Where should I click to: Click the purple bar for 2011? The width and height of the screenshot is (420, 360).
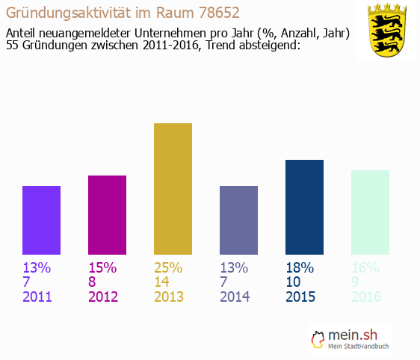point(41,220)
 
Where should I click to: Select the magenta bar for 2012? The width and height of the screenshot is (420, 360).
point(107,215)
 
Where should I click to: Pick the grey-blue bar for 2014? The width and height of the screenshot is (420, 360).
point(238,220)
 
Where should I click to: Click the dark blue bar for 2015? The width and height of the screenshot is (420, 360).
point(304,207)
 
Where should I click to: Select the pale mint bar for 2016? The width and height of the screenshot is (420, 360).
point(370,212)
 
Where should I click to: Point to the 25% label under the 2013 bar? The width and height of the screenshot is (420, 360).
point(168,267)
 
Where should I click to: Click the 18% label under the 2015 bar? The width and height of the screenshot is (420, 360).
point(300,267)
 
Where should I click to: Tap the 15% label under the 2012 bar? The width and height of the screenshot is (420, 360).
point(102,267)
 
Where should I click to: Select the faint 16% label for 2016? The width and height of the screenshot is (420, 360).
point(365,267)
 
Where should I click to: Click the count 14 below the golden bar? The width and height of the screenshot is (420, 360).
point(162,282)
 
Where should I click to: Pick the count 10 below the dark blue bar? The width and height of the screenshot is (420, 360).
point(294,282)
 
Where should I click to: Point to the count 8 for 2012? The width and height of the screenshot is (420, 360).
point(93,282)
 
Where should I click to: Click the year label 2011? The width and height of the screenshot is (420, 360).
point(38,297)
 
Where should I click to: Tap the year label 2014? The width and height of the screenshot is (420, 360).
point(235,297)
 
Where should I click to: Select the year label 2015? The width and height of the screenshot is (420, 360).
point(301,297)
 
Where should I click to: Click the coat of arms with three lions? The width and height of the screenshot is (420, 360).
point(386,31)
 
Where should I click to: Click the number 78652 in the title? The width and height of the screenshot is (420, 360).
point(223,13)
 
